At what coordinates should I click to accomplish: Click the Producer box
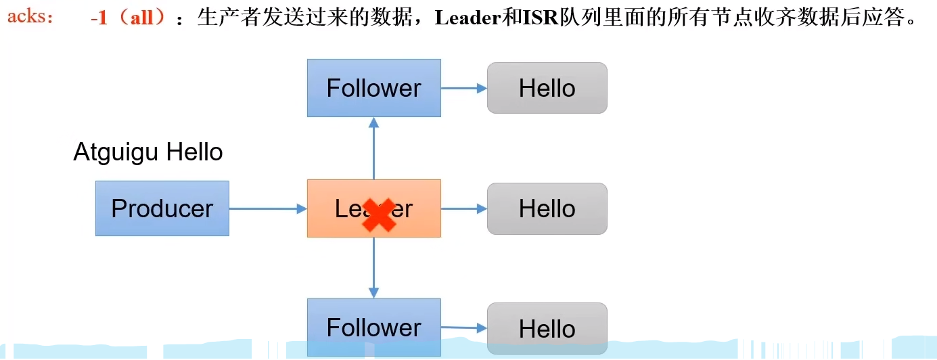[x=162, y=208]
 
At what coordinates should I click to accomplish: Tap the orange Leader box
[x=338, y=208]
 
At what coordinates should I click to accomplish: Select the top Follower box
[x=373, y=88]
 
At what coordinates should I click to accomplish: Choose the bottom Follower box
[x=373, y=328]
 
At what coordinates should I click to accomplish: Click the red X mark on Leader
[x=379, y=215]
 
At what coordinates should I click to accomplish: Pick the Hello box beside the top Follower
[x=547, y=88]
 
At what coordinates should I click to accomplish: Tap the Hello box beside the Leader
[x=547, y=208]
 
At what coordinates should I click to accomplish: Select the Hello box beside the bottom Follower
[x=547, y=329]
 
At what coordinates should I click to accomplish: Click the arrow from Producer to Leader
[x=268, y=208]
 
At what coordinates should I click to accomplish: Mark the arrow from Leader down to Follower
[x=373, y=267]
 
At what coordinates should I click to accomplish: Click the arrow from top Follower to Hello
[x=464, y=88]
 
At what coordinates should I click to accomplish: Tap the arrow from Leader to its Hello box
[x=464, y=208]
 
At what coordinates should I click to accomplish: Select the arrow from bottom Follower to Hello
[x=464, y=328]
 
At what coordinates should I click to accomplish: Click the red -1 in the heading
[x=99, y=18]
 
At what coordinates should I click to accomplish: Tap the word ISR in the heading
[x=537, y=18]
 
